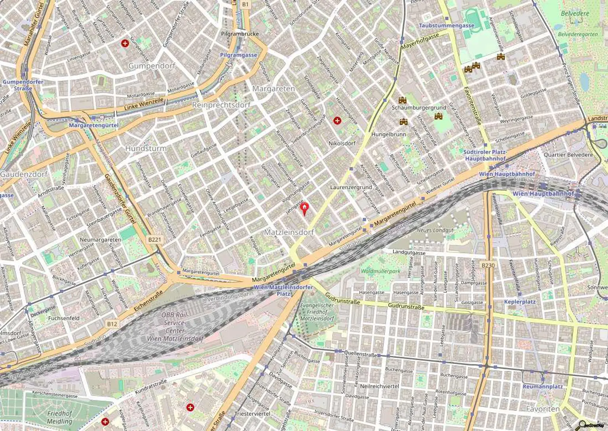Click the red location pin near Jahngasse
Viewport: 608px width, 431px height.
pyautogui.click(x=304, y=208)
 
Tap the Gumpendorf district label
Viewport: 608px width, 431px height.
pyautogui.click(x=152, y=66)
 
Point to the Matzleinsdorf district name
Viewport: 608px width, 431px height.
pyautogui.click(x=289, y=232)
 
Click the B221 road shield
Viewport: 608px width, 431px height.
pyautogui.click(x=155, y=239)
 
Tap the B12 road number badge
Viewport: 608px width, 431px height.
pyautogui.click(x=112, y=324)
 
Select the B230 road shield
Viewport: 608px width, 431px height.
pyautogui.click(x=488, y=265)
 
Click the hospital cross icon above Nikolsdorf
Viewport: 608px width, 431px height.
pyautogui.click(x=337, y=120)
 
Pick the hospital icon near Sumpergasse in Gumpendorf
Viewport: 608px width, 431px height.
pyautogui.click(x=125, y=43)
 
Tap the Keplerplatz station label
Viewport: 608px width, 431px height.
pyautogui.click(x=520, y=302)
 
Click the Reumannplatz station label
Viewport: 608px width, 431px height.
pyautogui.click(x=542, y=386)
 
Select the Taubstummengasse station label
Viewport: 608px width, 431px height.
pyautogui.click(x=446, y=25)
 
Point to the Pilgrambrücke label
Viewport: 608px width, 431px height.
pyautogui.click(x=240, y=34)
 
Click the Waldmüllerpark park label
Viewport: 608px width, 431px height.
pyautogui.click(x=380, y=271)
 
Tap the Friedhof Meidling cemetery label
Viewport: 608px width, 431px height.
pyautogui.click(x=60, y=417)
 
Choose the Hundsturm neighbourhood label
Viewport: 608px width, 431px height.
pyautogui.click(x=146, y=148)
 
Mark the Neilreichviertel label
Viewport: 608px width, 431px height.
pyautogui.click(x=379, y=386)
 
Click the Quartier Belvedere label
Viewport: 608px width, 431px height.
pyautogui.click(x=568, y=155)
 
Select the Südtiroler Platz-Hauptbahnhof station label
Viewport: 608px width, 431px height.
pyautogui.click(x=485, y=155)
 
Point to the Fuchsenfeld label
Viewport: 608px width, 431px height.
pyautogui.click(x=64, y=318)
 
